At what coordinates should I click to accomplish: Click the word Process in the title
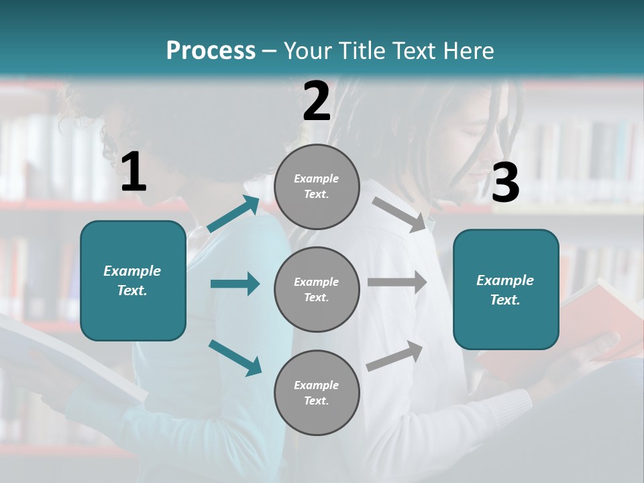211,50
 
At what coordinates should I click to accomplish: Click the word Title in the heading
360,50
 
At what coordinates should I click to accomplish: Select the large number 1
133,172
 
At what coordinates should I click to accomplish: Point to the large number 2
317,101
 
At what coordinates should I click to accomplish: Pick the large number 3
505,182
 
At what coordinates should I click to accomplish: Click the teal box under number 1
133,280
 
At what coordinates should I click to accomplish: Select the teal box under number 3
506,289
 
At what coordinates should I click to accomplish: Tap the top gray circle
317,186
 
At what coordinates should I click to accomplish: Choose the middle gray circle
317,289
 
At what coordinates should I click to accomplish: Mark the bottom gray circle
317,392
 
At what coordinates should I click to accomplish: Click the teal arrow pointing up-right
233,214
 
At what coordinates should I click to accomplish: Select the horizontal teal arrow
235,284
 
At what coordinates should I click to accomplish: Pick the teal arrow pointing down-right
235,357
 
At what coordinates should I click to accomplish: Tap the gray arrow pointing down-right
399,214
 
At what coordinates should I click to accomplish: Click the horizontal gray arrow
397,282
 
